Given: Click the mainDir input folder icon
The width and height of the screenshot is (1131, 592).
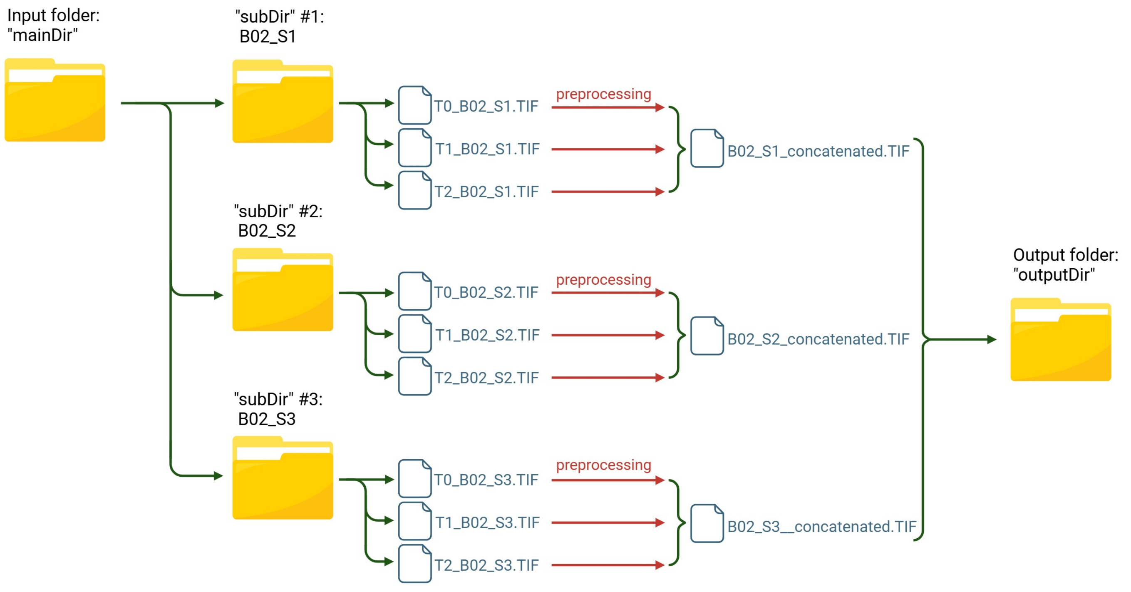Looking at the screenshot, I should [55, 100].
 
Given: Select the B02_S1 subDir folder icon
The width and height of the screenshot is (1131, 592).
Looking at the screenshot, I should [283, 102].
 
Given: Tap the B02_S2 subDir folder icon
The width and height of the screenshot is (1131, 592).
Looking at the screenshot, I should [283, 290].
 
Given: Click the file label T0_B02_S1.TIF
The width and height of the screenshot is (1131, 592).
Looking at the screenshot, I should [486, 106].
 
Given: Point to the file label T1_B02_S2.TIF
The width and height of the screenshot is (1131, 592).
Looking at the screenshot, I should [487, 335].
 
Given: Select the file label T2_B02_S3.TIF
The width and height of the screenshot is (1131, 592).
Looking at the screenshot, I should [486, 565].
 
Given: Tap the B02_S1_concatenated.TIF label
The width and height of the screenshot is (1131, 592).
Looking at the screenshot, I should [818, 152].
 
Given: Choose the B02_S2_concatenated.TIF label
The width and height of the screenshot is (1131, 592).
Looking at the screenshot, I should [818, 339].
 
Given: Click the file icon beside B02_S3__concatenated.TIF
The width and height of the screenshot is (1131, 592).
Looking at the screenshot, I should [707, 523].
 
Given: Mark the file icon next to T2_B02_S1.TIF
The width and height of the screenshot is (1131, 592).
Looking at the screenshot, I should [415, 191].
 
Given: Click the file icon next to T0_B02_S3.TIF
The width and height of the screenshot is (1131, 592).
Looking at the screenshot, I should [415, 479].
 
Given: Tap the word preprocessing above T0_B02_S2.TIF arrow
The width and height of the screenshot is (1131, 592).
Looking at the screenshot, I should [603, 280].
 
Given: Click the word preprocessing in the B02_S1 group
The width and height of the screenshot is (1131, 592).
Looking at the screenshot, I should [603, 94].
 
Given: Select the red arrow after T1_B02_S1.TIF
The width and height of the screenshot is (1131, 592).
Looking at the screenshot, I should [608, 149].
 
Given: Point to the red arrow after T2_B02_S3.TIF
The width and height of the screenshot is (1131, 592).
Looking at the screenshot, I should [608, 565].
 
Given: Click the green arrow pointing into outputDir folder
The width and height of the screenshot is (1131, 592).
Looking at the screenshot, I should [962, 339].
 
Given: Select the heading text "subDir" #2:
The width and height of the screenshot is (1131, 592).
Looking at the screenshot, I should [278, 211].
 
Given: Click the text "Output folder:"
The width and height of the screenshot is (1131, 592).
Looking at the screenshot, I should [1066, 255].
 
